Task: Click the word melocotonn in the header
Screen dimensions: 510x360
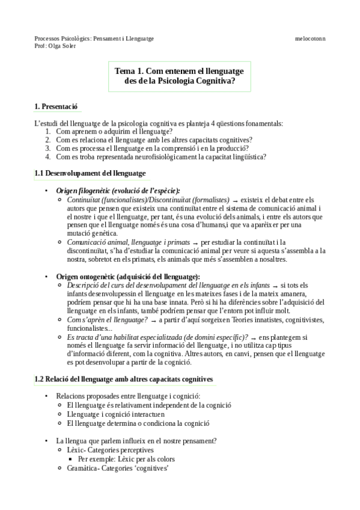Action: pos(310,38)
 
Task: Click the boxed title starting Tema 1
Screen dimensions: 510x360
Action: pos(180,76)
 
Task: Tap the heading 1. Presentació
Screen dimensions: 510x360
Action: pos(56,107)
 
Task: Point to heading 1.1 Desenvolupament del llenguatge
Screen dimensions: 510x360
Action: pos(90,173)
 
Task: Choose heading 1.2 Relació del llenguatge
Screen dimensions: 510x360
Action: pos(123,379)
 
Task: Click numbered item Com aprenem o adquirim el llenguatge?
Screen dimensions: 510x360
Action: pos(114,131)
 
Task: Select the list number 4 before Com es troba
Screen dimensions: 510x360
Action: pos(47,156)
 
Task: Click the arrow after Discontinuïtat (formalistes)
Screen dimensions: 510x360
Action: pos(236,200)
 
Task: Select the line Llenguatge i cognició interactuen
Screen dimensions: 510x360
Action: pos(117,414)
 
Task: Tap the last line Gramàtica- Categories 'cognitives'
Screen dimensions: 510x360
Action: pos(117,467)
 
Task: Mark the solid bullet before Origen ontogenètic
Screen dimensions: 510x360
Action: pos(47,276)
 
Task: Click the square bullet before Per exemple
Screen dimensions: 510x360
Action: pos(70,458)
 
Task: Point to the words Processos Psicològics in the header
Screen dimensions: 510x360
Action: pos(59,38)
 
